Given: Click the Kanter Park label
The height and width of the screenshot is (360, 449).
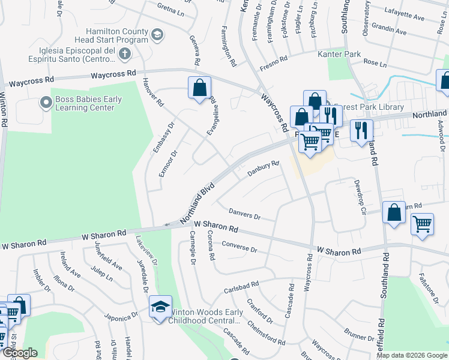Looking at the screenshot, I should pyautogui.click(x=339, y=54).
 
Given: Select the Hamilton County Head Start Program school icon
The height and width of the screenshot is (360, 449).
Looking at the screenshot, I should pyautogui.click(x=157, y=35).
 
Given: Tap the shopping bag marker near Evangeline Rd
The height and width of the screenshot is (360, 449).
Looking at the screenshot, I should pyautogui.click(x=200, y=89).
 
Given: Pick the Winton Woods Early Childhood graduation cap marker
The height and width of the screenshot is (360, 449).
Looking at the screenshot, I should pyautogui.click(x=160, y=307).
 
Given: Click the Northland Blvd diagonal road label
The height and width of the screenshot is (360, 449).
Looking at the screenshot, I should pyautogui.click(x=196, y=204).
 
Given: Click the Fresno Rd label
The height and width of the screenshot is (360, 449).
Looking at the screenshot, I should pyautogui.click(x=274, y=62).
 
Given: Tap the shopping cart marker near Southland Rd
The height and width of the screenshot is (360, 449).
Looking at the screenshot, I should pyautogui.click(x=422, y=225).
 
